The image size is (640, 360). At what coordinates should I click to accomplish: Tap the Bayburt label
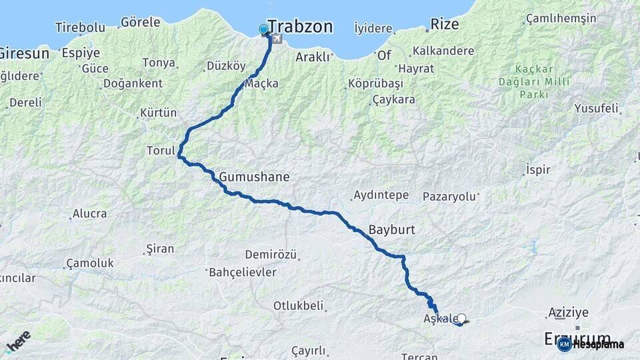pyautogui.click(x=391, y=229)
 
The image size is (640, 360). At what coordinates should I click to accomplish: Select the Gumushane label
pyautogui.click(x=254, y=177)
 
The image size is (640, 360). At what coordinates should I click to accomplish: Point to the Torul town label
pyautogui.click(x=161, y=151)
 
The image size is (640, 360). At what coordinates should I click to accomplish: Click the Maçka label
pyautogui.click(x=261, y=83)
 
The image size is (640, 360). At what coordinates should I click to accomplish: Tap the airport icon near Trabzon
pyautogui.click(x=276, y=39)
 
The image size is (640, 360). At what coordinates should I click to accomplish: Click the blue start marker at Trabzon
pyautogui.click(x=263, y=29)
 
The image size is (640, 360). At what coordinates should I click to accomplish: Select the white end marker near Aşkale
pyautogui.click(x=461, y=319)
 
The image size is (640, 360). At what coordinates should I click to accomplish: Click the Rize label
pyautogui.click(x=445, y=24)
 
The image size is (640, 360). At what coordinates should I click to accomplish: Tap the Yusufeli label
pyautogui.click(x=596, y=108)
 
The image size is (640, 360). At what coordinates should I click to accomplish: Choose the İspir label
pyautogui.click(x=538, y=169)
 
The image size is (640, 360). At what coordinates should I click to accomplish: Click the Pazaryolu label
pyautogui.click(x=450, y=197)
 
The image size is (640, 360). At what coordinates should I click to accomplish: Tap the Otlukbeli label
pyautogui.click(x=298, y=306)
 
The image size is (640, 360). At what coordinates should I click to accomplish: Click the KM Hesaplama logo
pyautogui.click(x=591, y=344)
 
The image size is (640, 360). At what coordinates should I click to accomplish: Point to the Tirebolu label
pyautogui.click(x=80, y=27)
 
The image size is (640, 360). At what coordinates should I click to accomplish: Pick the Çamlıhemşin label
pyautogui.click(x=561, y=18)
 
